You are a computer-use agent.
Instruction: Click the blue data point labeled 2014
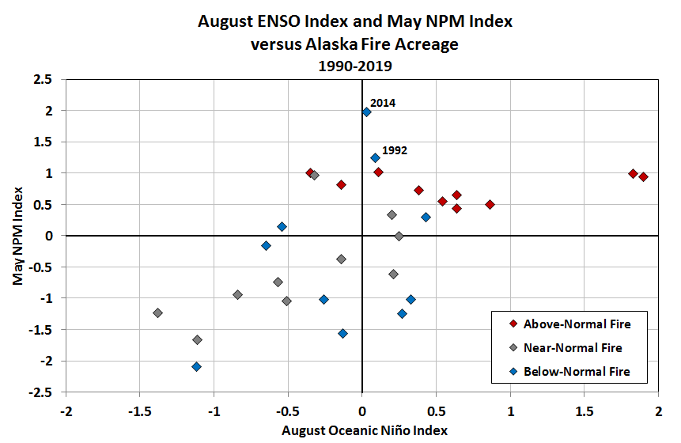366,112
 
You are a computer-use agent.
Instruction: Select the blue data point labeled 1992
375,158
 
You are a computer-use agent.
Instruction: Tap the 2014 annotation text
383,103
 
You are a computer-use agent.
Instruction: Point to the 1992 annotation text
395,150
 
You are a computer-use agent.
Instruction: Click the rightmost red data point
644,177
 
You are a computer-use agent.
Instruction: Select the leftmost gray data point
157,312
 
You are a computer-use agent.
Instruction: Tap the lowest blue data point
196,366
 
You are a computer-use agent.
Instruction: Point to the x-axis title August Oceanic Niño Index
365,430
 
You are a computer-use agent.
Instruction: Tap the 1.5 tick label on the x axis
584,411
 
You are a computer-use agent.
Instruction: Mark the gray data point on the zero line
399,236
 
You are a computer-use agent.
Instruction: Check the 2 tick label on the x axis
658,411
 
